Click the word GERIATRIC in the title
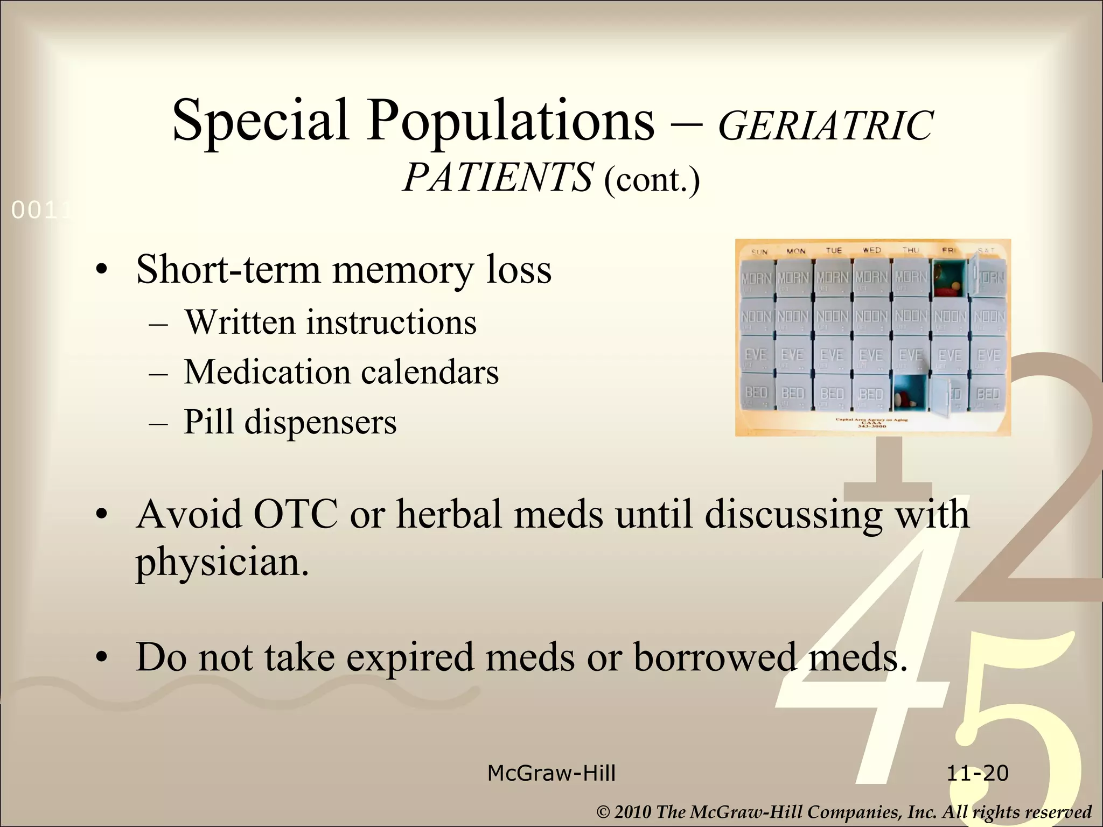pyautogui.click(x=825, y=126)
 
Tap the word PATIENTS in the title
pyautogui.click(x=497, y=177)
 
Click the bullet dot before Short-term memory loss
pyautogui.click(x=101, y=271)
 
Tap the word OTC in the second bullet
pyautogui.click(x=295, y=514)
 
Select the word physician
pyautogui.click(x=222, y=562)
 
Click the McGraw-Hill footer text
pyautogui.click(x=551, y=773)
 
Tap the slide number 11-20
pyautogui.click(x=977, y=773)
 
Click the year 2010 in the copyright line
pyautogui.click(x=632, y=812)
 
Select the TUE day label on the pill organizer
pyautogui.click(x=833, y=250)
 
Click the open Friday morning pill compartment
pyautogui.click(x=950, y=278)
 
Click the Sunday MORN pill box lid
pyautogui.click(x=757, y=278)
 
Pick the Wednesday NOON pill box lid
pyautogui.click(x=871, y=317)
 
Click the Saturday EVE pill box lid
pyautogui.click(x=988, y=355)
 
